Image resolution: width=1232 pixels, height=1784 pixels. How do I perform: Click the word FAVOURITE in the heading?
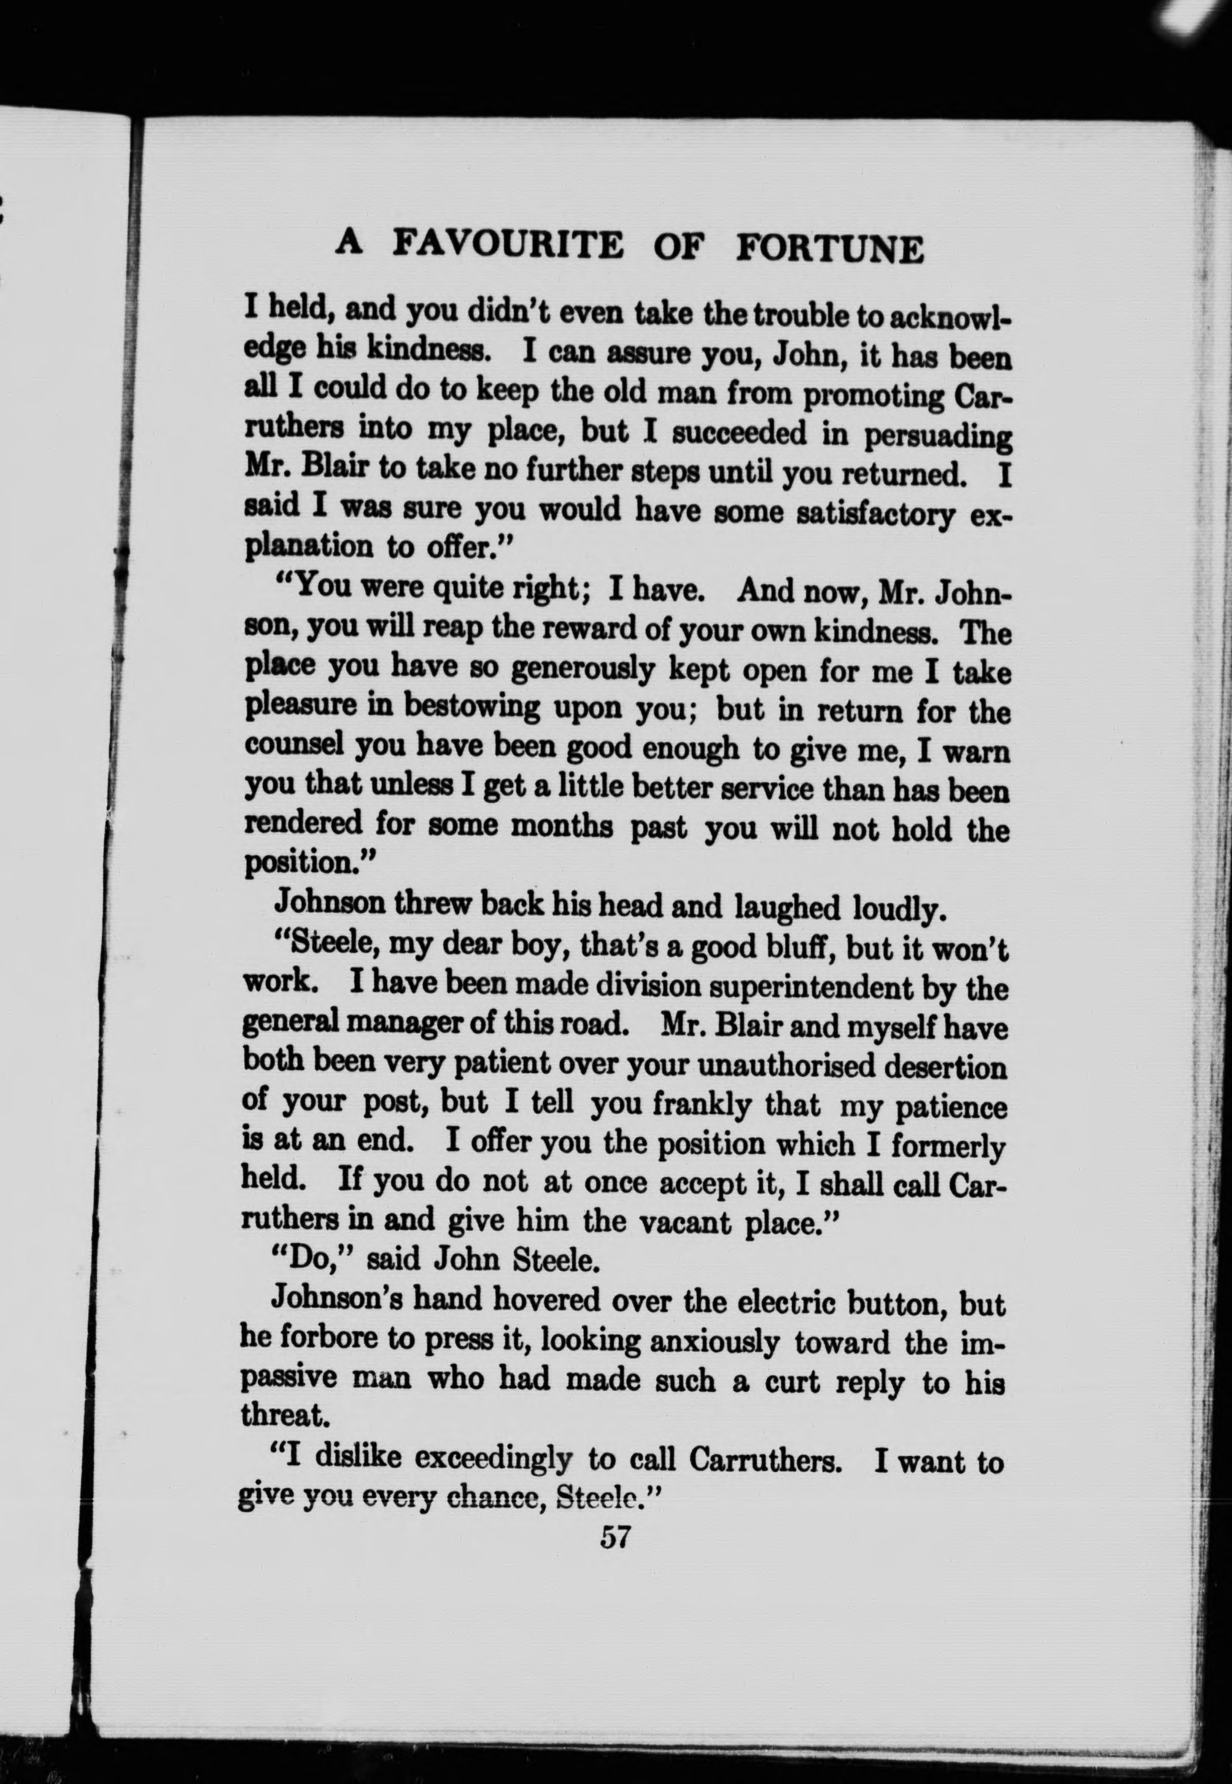[507, 245]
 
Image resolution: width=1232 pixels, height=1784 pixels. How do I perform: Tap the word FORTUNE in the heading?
[830, 249]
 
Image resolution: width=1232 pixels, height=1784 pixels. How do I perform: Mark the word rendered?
[303, 823]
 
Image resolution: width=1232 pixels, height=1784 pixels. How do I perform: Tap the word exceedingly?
[494, 1458]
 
